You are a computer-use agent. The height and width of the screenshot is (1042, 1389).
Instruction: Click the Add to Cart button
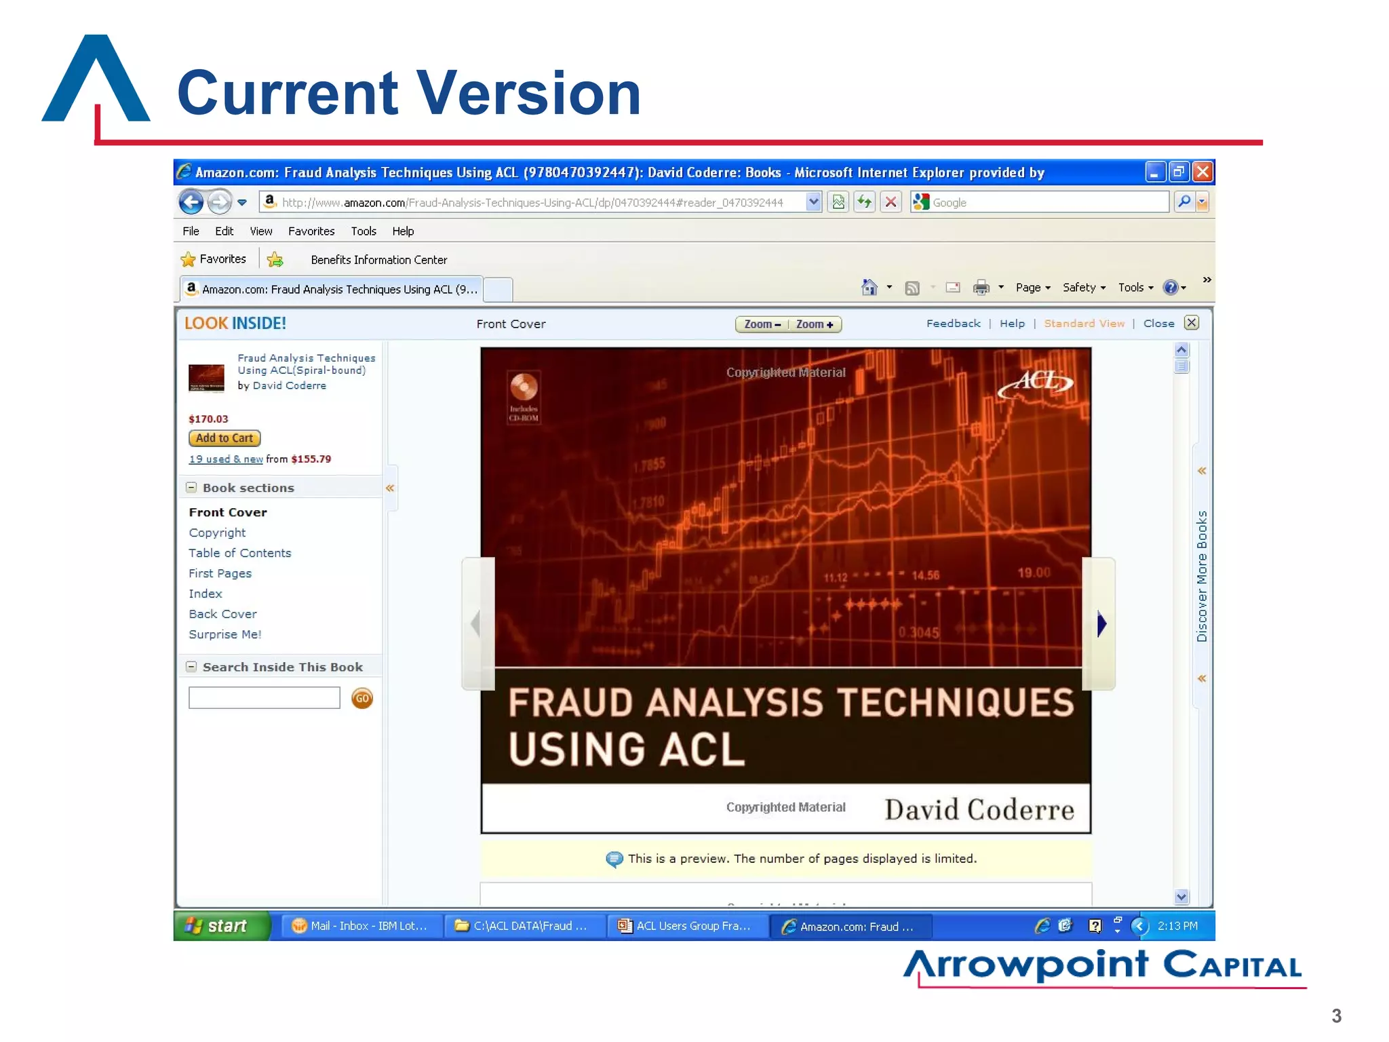click(224, 438)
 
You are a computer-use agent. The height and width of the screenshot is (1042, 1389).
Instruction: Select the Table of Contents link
click(239, 553)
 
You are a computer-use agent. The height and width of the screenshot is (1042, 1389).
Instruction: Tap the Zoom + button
click(815, 324)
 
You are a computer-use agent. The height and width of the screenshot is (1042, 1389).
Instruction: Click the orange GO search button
click(362, 698)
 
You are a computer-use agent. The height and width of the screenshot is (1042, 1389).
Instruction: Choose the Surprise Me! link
click(224, 634)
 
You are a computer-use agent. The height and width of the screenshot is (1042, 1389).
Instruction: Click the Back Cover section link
click(222, 614)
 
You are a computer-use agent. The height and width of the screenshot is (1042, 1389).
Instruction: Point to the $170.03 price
click(208, 419)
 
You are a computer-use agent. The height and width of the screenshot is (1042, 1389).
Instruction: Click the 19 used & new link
click(225, 459)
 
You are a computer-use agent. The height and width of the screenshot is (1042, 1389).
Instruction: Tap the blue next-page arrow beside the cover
click(1101, 623)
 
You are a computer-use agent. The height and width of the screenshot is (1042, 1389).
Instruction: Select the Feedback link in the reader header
click(953, 324)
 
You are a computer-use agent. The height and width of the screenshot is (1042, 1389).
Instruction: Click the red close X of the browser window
click(1202, 172)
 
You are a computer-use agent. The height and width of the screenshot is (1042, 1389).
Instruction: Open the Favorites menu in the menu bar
click(311, 231)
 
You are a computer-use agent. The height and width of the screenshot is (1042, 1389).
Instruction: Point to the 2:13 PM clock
click(1177, 926)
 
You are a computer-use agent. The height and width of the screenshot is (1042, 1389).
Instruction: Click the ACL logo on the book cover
click(1036, 383)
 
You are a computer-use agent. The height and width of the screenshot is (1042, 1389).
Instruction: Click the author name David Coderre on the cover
click(979, 809)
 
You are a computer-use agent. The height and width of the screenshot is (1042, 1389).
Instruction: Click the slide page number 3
click(1336, 1016)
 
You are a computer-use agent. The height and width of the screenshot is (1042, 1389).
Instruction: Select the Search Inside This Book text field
click(264, 698)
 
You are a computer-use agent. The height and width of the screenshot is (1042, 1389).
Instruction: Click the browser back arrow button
click(191, 202)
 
